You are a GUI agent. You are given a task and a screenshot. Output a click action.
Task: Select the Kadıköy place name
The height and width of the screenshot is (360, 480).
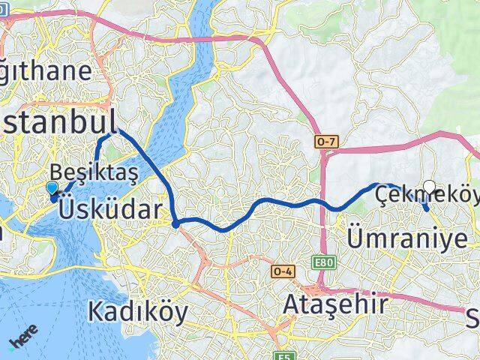137,310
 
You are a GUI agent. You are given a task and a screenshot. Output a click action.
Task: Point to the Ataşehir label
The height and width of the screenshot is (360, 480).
336,304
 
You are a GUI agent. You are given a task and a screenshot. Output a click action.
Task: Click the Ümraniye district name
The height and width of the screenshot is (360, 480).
408,238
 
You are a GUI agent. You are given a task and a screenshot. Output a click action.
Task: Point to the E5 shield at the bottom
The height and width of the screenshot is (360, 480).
283,355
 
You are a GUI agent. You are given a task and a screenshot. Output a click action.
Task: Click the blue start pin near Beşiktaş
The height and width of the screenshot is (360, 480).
52,190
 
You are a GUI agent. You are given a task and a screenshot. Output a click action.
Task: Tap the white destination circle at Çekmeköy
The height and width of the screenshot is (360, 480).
429,187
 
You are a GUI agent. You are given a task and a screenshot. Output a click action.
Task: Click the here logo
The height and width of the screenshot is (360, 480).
22,342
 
